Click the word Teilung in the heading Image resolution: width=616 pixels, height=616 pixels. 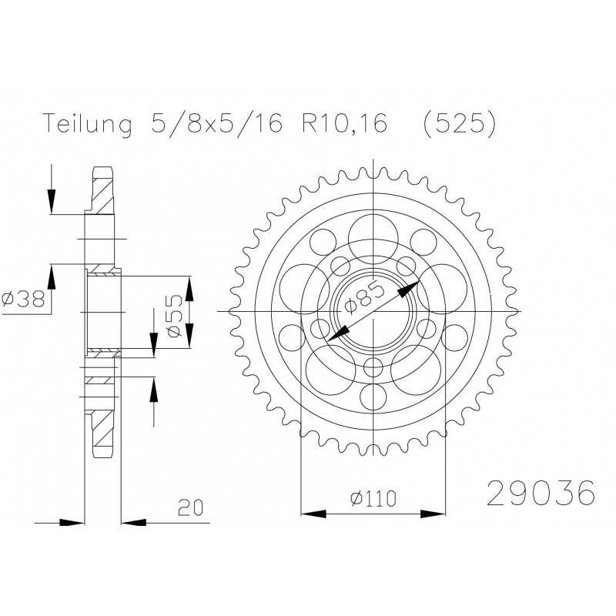(x=87, y=124)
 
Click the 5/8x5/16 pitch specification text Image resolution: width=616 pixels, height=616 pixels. (x=216, y=123)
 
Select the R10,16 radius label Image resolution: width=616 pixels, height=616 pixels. (x=344, y=123)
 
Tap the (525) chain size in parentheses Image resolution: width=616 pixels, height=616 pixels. (x=459, y=124)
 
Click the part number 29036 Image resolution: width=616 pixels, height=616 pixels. (x=541, y=493)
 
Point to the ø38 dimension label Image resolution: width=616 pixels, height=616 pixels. (x=24, y=300)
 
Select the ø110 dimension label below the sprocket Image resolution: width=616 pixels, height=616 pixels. (x=373, y=498)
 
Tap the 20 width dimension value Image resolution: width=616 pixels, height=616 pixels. (x=190, y=507)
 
